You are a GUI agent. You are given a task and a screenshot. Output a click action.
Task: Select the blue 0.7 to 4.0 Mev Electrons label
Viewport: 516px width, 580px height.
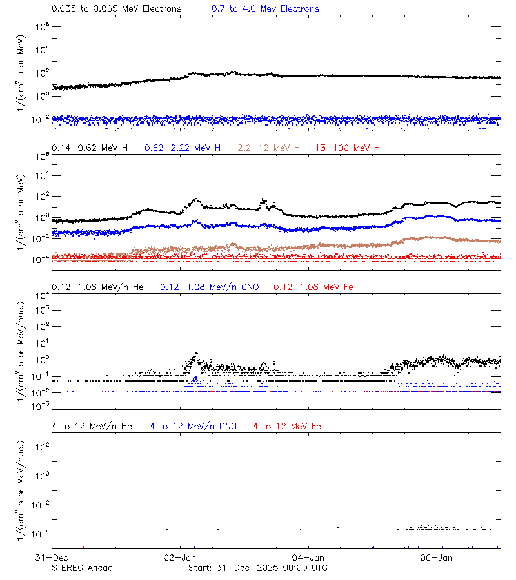click(265, 9)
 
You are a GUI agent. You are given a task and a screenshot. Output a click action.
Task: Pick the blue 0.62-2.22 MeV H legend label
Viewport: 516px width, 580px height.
click(183, 148)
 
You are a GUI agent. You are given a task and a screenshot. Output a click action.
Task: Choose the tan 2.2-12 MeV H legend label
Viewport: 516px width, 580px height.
click(269, 148)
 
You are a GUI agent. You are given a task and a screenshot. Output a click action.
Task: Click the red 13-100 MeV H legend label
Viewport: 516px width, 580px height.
click(348, 148)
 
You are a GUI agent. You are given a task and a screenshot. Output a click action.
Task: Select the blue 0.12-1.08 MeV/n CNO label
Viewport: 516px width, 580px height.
click(209, 287)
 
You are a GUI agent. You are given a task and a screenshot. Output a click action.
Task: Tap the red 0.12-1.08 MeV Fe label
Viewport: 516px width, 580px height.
click(313, 287)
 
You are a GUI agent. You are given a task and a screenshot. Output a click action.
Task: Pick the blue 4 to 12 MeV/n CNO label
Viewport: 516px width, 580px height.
click(193, 426)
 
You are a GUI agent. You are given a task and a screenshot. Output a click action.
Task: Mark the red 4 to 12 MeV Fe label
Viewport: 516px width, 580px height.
click(287, 426)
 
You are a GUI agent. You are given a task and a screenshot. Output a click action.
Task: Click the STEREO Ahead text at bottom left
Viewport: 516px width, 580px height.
click(82, 568)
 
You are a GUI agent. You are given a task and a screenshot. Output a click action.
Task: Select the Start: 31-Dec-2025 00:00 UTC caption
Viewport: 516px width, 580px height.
click(257, 568)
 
